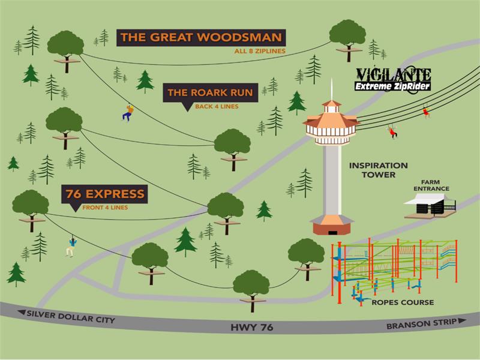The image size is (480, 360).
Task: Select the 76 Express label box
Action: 106,194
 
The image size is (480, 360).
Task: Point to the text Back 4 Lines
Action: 217,107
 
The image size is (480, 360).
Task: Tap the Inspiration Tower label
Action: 379,170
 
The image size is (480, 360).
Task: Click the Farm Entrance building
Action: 431,205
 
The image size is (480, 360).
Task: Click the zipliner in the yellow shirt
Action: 127,112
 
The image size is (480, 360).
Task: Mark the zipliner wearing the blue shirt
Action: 71,245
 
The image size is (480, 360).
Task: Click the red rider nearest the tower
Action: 393,130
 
